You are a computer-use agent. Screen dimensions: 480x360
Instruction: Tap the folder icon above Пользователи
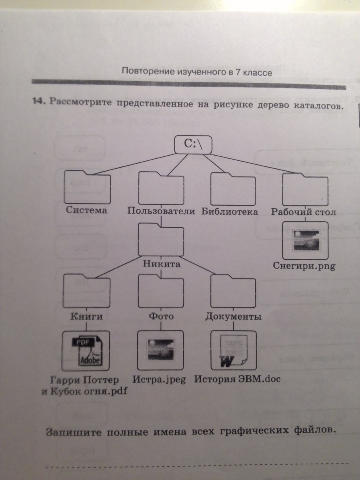161,188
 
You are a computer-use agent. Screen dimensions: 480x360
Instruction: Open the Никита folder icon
161,240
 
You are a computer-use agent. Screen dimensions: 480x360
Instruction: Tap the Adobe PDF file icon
86,350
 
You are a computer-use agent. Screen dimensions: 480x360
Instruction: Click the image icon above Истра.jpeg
160,350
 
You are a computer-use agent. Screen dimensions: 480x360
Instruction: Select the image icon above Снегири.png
305,240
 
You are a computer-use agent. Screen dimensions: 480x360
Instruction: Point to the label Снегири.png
304,266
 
